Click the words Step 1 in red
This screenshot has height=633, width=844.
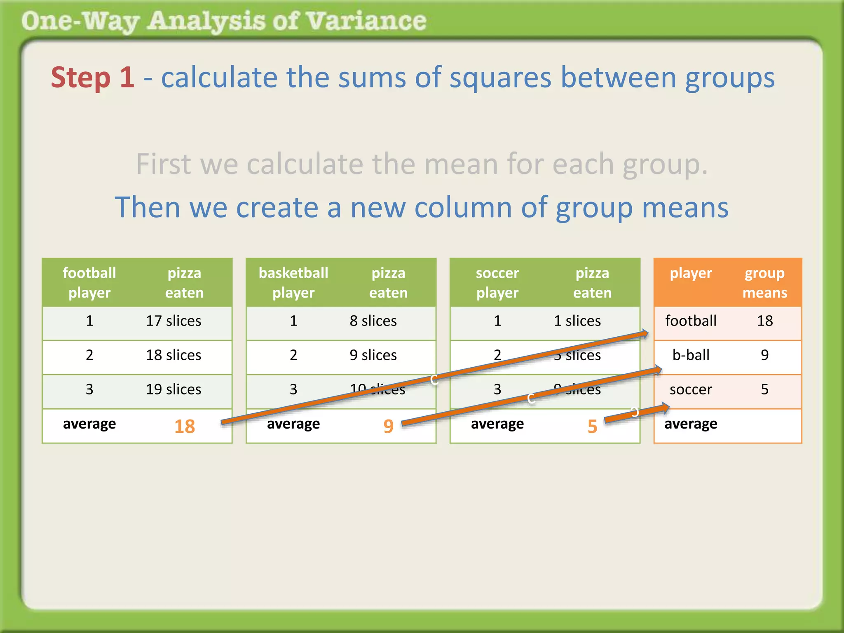[x=93, y=77]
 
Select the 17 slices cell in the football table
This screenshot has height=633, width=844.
[x=173, y=321]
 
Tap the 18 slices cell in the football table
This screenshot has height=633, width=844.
[x=173, y=355]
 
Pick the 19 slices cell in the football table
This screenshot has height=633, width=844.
[x=173, y=389]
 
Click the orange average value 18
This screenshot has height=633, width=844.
[x=184, y=426]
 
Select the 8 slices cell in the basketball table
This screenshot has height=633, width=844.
[x=373, y=321]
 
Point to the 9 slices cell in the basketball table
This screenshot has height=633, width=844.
[x=373, y=355]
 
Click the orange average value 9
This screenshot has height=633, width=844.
[x=388, y=426]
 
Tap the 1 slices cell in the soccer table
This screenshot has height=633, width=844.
[x=577, y=321]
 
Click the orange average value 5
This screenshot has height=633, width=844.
[x=592, y=426]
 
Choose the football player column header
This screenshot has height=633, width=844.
[x=89, y=283]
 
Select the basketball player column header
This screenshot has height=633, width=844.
[x=293, y=283]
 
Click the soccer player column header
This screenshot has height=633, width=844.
[x=497, y=283]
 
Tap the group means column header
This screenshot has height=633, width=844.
[x=764, y=283]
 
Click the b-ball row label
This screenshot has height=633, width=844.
[x=691, y=355]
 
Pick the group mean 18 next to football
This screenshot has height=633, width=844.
[x=765, y=321]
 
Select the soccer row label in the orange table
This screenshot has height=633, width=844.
[x=691, y=389]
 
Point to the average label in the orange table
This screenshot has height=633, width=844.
[x=691, y=424]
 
